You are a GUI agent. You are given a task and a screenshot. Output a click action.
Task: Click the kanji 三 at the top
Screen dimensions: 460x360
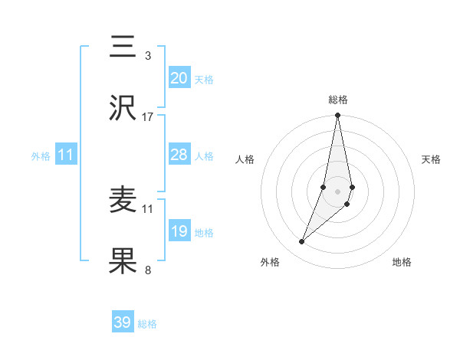(123, 48)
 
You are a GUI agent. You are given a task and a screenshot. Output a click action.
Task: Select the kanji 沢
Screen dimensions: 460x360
(123, 110)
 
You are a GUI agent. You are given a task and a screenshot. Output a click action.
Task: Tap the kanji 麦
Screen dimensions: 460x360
(123, 201)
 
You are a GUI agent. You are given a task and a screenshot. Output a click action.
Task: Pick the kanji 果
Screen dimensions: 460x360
(123, 262)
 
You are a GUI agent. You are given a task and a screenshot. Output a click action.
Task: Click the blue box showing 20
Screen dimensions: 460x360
(179, 78)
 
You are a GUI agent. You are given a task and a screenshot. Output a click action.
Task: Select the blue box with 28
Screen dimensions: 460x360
(179, 155)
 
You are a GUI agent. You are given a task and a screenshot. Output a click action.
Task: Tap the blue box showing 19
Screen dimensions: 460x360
(179, 231)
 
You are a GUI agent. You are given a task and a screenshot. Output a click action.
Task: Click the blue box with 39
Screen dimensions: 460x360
(123, 322)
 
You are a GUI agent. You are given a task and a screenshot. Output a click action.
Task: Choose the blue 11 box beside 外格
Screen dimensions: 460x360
(65, 155)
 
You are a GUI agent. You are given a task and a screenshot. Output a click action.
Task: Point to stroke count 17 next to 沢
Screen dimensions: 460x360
(148, 117)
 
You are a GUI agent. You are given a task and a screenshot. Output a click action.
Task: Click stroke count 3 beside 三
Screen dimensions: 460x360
(148, 56)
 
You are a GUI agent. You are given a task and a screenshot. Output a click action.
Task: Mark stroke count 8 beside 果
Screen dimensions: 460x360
(148, 270)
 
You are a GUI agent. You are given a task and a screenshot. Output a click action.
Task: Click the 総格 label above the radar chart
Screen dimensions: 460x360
(337, 100)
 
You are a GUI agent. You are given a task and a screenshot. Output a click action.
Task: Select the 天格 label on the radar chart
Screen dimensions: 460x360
(432, 159)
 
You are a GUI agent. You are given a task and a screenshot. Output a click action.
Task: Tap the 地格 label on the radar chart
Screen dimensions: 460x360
(402, 262)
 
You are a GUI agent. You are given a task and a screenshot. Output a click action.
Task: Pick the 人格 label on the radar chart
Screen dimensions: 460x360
(245, 159)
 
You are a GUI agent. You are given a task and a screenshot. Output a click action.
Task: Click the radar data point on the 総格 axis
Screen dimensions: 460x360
(337, 116)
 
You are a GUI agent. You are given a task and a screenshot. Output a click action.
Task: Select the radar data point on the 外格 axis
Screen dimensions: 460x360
(301, 242)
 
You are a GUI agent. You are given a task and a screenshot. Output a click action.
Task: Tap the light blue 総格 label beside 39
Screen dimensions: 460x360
(147, 324)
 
